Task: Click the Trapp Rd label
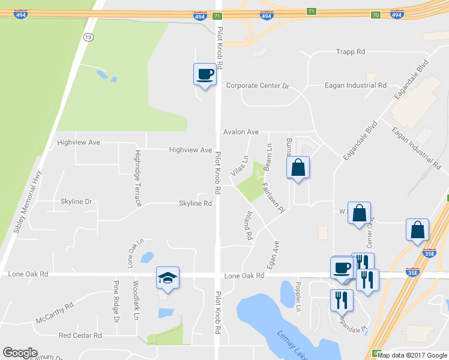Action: pos(351,52)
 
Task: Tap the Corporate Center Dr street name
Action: pos(258,86)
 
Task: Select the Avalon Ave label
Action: pos(241,131)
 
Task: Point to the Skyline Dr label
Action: pos(76,202)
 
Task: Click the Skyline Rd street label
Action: pos(196,203)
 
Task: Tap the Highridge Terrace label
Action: pos(138,178)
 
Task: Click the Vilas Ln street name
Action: pos(244,166)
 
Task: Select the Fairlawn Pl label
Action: pos(272,197)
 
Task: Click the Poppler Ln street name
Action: pos(298,296)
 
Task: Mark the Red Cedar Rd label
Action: pos(80,335)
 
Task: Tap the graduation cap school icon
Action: pos(167,278)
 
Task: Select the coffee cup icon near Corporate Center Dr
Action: pos(205,74)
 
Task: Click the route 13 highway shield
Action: pos(89,37)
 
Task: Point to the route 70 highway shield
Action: pos(376,14)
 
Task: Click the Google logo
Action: pos(20,353)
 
